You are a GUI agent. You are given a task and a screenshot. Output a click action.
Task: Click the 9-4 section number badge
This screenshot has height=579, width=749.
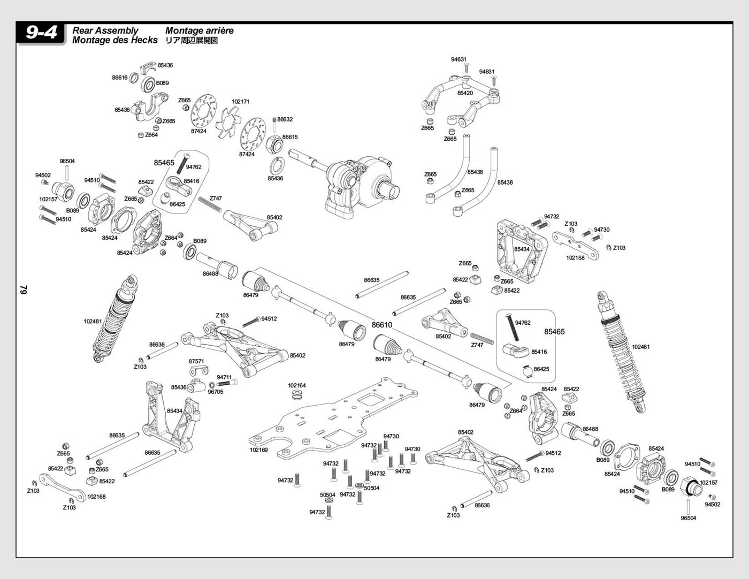tap(41, 33)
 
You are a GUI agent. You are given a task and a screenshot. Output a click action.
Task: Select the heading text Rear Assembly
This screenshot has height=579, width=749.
tap(105, 31)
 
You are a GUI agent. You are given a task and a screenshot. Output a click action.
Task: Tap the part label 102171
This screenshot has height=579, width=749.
tap(240, 102)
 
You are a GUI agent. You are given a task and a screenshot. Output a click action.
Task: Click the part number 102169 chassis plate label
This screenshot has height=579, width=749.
tap(258, 450)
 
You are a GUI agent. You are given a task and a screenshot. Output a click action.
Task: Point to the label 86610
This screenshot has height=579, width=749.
tap(382, 325)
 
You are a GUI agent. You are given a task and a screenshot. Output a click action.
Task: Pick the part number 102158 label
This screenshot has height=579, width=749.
tap(575, 257)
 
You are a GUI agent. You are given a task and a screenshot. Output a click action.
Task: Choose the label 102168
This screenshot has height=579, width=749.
tap(96, 497)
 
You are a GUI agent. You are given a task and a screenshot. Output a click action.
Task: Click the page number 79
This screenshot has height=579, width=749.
tap(24, 289)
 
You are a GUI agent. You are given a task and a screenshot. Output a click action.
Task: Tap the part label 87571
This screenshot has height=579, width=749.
tap(196, 361)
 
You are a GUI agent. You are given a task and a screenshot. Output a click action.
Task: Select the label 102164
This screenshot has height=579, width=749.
tap(297, 385)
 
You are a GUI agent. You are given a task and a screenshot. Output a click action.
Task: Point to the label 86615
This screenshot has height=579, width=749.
tap(290, 137)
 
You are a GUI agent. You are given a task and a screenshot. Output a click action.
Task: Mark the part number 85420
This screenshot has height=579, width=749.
tap(465, 93)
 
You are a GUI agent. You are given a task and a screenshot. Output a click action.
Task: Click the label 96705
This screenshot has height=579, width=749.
tap(215, 392)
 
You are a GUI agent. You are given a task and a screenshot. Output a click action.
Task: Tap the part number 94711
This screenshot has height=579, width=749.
tap(224, 377)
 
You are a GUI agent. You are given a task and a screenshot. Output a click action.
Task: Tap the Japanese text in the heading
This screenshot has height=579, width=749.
tap(192, 40)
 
